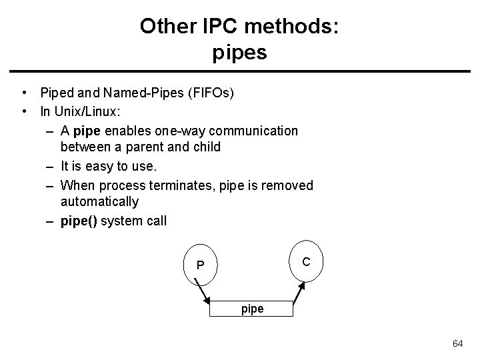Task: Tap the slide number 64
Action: tap(457, 343)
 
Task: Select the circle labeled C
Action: tap(305, 262)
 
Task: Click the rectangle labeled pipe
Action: tap(250, 309)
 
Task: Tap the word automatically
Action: tap(99, 201)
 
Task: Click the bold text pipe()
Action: tap(78, 221)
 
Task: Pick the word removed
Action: tap(287, 185)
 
